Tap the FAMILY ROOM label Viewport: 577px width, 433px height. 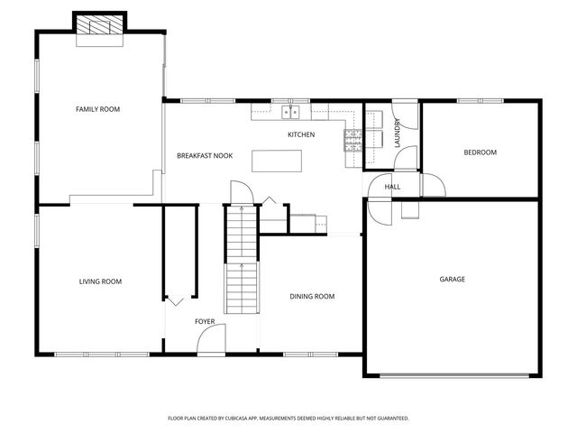[x=97, y=109]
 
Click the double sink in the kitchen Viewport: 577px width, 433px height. [x=290, y=113]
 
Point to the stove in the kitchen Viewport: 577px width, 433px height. [x=353, y=138]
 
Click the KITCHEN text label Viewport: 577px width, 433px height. [x=301, y=134]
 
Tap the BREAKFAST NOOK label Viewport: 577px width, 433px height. [x=205, y=155]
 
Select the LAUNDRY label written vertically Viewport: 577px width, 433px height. [x=397, y=133]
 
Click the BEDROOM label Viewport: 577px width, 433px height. [x=480, y=152]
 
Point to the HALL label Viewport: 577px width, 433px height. [x=392, y=187]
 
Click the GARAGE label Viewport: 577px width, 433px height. [x=452, y=280]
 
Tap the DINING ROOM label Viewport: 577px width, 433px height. [x=312, y=296]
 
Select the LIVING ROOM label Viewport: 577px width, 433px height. [x=100, y=281]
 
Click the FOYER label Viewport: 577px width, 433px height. [x=205, y=321]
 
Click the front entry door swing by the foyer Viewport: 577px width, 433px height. [x=212, y=340]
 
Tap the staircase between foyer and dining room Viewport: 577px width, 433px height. [x=242, y=262]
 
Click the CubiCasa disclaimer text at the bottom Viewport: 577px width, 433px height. [x=288, y=419]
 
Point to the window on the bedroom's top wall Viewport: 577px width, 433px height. [x=480, y=101]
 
